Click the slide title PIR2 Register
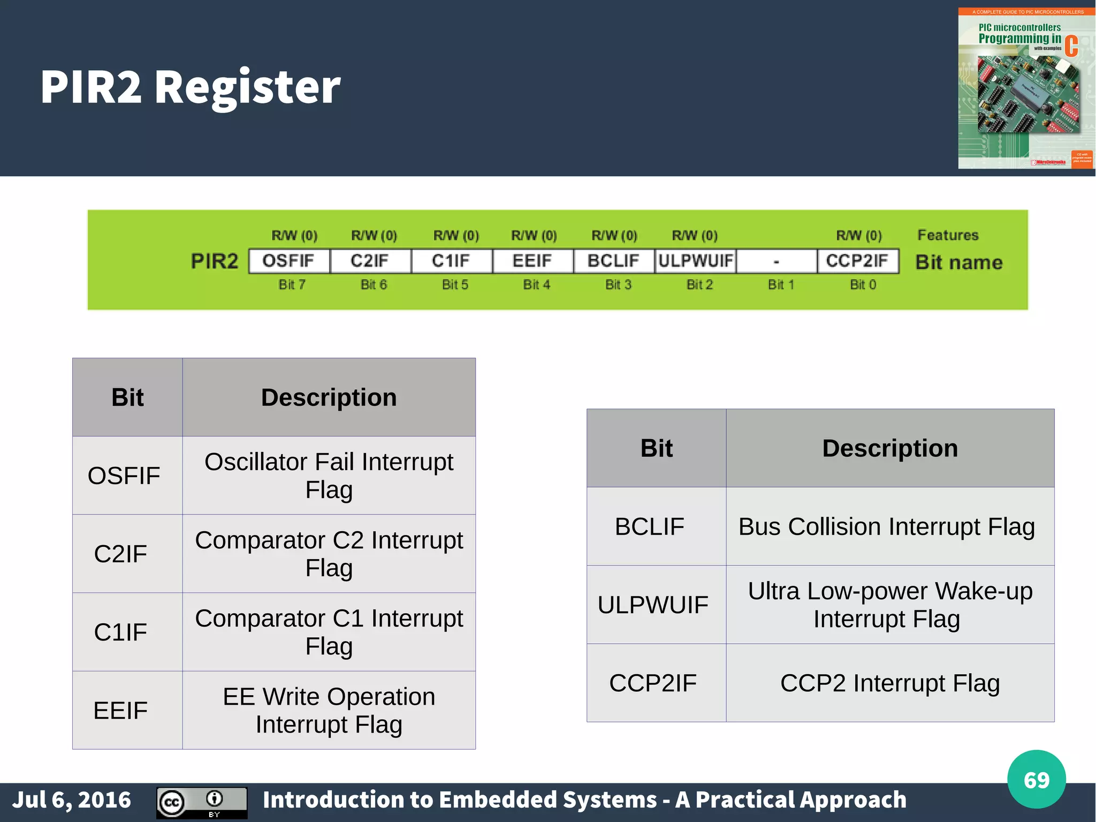point(190,87)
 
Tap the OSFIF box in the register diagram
point(289,261)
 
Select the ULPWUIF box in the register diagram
point(695,261)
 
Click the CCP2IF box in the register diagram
point(857,261)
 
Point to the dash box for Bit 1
point(777,261)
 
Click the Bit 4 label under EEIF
point(536,285)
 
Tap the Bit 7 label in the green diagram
point(292,285)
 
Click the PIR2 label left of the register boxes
point(215,261)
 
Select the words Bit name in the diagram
point(958,262)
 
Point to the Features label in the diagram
point(948,235)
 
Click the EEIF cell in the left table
point(121,711)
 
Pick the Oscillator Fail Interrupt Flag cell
point(329,476)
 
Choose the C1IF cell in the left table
point(121,632)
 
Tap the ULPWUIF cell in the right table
point(653,605)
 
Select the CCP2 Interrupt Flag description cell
point(889,683)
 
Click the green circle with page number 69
point(1036,780)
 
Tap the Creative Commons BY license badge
point(202,802)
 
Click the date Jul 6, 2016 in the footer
point(72,800)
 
